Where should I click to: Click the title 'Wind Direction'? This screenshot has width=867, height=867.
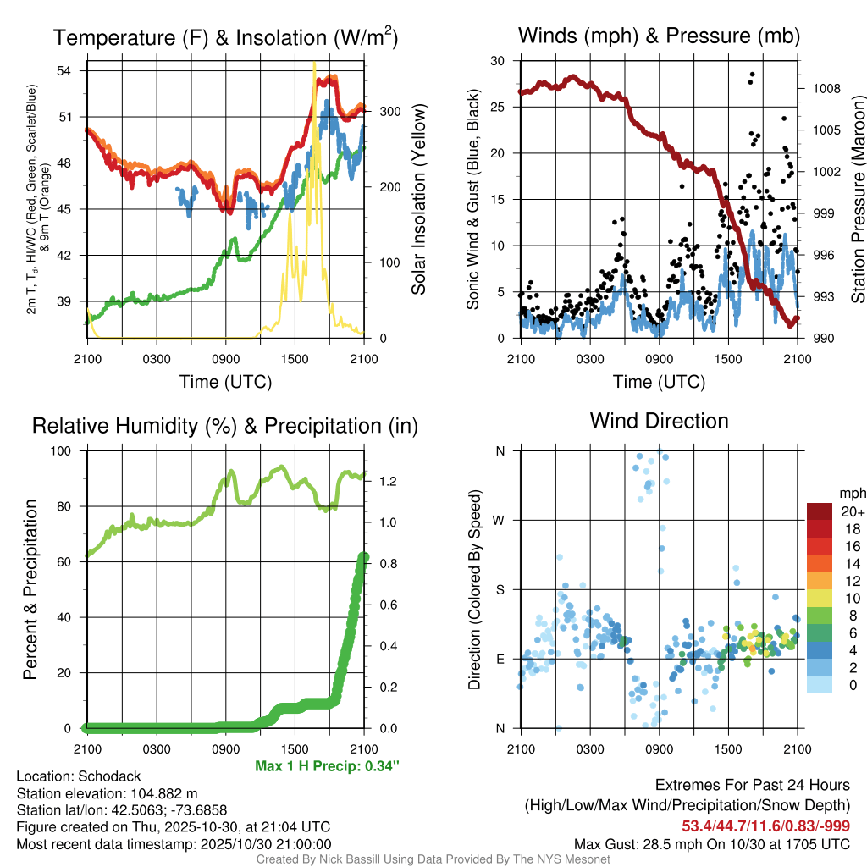click(659, 421)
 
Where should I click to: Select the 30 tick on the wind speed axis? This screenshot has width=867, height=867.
click(499, 61)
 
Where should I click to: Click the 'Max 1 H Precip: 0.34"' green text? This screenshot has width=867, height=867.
click(327, 766)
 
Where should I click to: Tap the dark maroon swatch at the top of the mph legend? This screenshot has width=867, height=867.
click(819, 511)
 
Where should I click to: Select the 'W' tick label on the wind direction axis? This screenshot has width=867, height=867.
click(500, 520)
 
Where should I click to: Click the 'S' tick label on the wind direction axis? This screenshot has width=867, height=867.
click(500, 589)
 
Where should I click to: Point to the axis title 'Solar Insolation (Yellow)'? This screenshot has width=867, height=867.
click(418, 200)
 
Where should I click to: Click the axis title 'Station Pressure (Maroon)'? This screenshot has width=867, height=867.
click(858, 200)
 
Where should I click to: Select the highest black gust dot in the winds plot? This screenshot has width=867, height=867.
click(752, 75)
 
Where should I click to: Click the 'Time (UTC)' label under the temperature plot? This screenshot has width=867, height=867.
click(225, 382)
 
